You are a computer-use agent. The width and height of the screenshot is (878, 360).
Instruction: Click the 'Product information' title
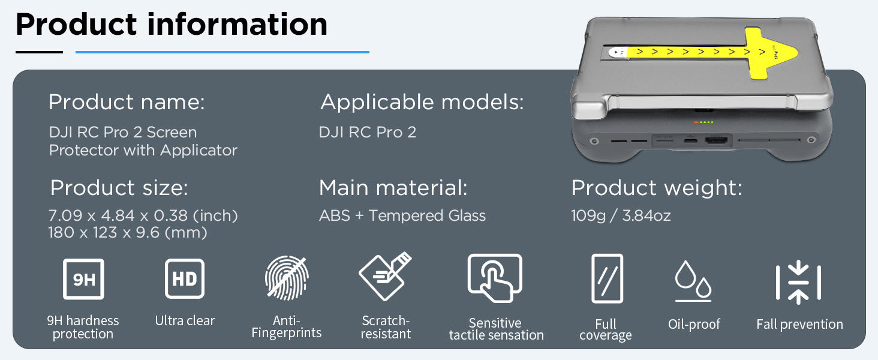pos(172,25)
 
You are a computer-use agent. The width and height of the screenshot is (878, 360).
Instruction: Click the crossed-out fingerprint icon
pos(287,278)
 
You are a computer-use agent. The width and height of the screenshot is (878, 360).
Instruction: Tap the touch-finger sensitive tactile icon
pos(495,278)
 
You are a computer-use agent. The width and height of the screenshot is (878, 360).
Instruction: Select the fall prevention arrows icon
pos(798,283)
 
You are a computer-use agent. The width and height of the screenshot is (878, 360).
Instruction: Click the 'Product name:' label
pos(127,102)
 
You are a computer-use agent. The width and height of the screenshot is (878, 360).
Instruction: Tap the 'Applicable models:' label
pos(422,102)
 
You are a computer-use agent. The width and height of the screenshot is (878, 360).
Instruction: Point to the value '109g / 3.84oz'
pos(621,215)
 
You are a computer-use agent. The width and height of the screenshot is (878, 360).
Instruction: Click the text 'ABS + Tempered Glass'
pos(402,215)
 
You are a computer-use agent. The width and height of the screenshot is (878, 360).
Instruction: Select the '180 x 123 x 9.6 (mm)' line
pos(128,233)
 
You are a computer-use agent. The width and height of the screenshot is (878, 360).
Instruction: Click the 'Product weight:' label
pos(657,188)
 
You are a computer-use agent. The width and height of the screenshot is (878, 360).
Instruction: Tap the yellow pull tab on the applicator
pos(705,53)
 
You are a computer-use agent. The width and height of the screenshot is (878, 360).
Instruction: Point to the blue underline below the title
pos(222,52)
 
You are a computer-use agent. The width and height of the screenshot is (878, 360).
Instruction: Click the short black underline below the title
pos(39,52)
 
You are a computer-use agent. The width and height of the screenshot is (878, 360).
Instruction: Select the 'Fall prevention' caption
pos(799,325)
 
